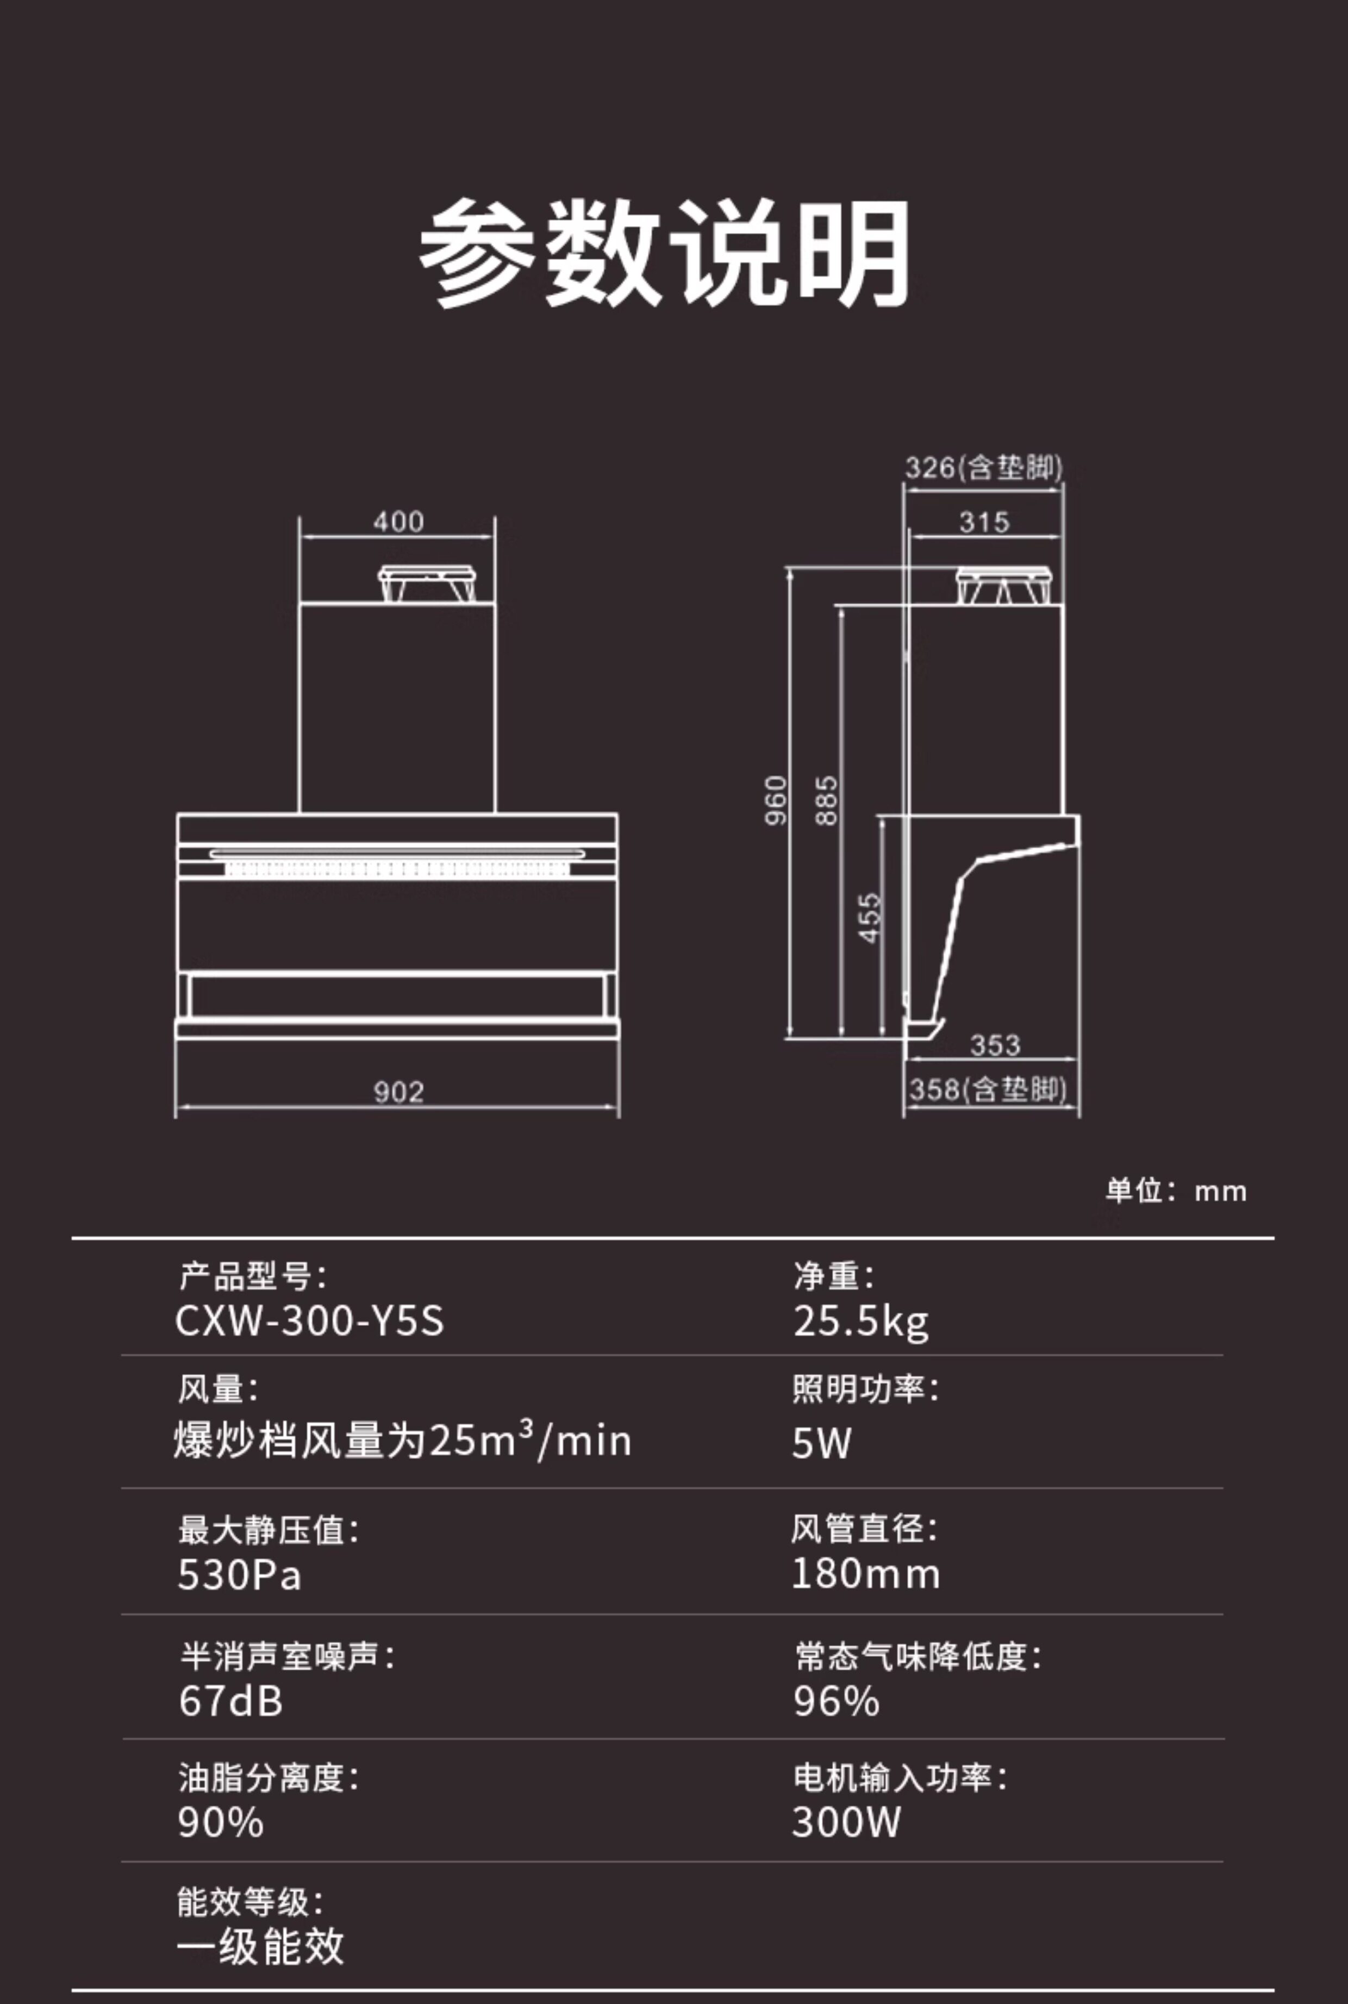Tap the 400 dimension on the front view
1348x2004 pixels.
coord(398,522)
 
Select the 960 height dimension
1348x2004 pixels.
coord(776,800)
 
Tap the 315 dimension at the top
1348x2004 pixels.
coord(984,522)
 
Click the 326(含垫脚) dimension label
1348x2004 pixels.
coord(983,468)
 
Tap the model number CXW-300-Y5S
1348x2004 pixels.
coord(309,1321)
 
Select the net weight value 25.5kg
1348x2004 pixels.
coord(860,1322)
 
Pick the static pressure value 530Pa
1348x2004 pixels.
coord(239,1574)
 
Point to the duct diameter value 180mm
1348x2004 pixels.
coord(865,1574)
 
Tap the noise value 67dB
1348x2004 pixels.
coord(230,1701)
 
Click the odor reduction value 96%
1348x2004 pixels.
coord(835,1701)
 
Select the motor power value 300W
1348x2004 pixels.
coord(846,1822)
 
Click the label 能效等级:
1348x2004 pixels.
coord(250,1902)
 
